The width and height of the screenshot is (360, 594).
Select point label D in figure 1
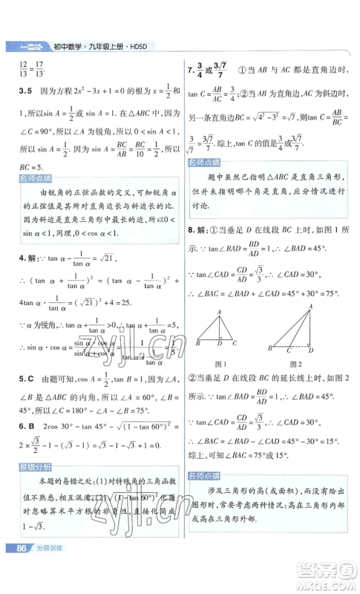point(220,344)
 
